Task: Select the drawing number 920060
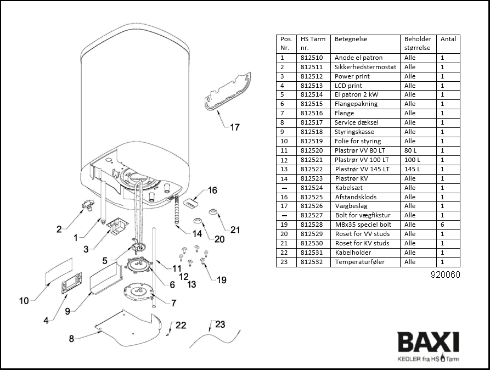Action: pos(446,274)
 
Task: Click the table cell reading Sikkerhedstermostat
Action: pos(365,67)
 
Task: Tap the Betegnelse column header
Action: pos(351,39)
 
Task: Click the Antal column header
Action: pos(448,39)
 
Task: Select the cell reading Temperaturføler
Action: pos(360,262)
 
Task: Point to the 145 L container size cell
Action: pos(412,169)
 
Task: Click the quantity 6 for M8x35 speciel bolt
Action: pos(442,225)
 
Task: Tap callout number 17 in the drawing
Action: pos(234,127)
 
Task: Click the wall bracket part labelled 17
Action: pos(227,91)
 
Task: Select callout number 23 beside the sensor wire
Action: pos(219,324)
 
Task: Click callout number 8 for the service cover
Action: pos(71,339)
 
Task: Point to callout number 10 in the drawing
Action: pos(24,300)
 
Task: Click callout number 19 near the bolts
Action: pos(221,280)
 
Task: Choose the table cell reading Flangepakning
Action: pos(356,104)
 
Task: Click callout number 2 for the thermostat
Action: pos(59,229)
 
